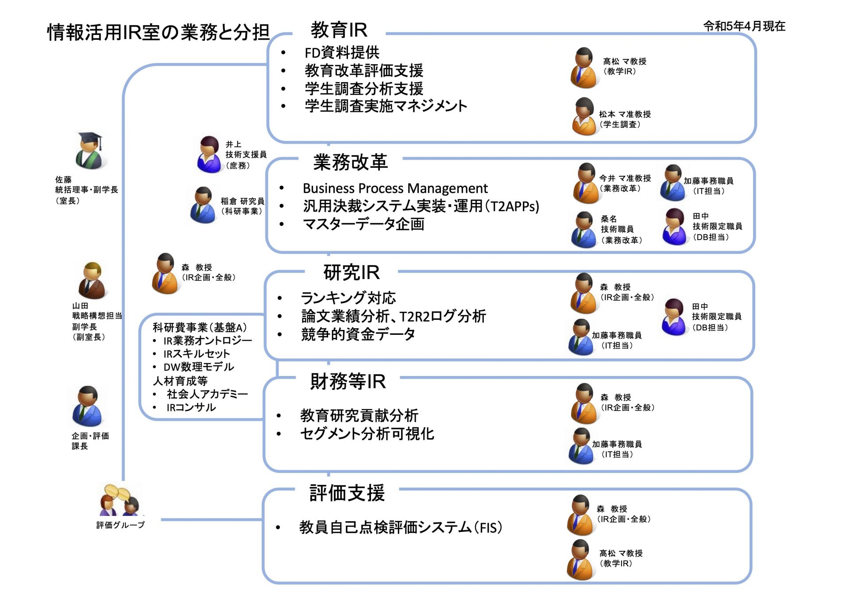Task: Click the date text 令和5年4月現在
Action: pos(744,26)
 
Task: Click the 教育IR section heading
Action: pos(339,30)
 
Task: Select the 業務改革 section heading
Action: pos(351,162)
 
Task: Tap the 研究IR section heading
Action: pos(352,272)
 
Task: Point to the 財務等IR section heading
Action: pos(348,381)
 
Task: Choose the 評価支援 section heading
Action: pos(347,493)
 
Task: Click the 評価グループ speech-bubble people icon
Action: pos(120,500)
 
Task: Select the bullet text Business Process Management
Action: pos(395,189)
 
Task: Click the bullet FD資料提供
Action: pos(342,53)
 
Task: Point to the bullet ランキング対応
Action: pos(348,298)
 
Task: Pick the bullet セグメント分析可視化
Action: pos(367,434)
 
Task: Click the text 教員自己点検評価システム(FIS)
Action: pos(401,527)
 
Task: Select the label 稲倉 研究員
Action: pos(243,201)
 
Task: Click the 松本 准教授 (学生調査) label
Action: pos(625,119)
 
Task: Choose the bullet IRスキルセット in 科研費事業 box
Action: pos(197,354)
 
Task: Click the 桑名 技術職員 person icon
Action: pos(584,229)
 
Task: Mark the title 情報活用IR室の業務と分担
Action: pos(158,32)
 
